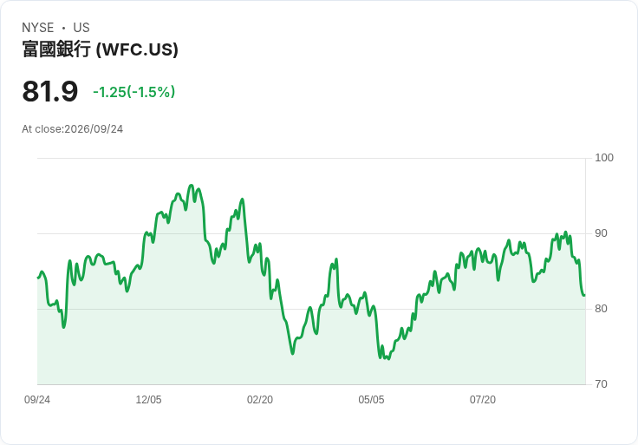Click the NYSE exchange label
pos(38,28)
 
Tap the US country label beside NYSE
pos(81,28)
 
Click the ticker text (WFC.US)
pos(137,49)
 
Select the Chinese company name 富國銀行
pos(56,49)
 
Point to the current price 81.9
pos(49,91)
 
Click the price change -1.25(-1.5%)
pos(133,92)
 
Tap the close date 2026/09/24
pos(94,129)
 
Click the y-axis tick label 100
pos(604,158)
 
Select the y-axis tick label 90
pos(601,233)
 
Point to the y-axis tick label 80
pos(601,309)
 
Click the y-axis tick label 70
pos(601,384)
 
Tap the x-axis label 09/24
pos(37,400)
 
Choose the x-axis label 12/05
pos(148,400)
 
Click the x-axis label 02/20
pos(260,400)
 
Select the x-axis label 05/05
pos(371,400)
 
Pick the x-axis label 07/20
pos(483,400)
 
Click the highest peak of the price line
pos(192,186)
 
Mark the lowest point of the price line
pos(388,358)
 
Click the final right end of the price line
pos(585,295)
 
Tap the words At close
pos(42,129)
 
